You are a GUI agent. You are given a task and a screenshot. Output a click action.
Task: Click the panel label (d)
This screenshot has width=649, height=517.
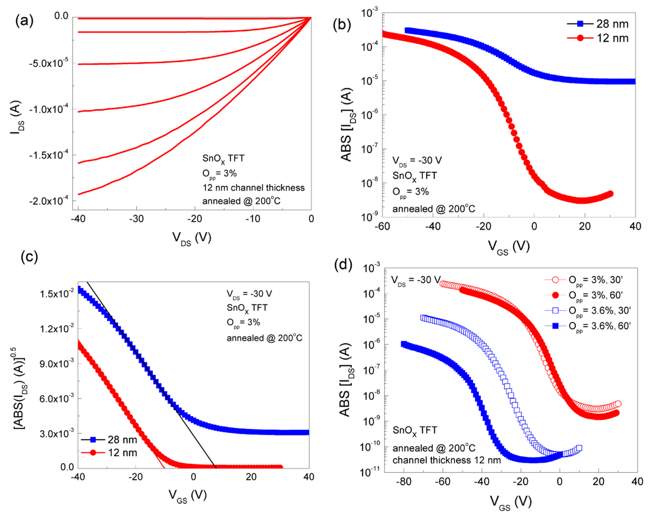tap(343, 265)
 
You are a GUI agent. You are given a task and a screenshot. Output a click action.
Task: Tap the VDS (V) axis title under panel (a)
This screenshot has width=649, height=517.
tap(192, 238)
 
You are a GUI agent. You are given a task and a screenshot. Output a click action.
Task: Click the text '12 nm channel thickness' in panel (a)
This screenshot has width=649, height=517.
tap(253, 188)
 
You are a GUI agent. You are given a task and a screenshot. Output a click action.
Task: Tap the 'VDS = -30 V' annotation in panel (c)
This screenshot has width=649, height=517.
tap(249, 294)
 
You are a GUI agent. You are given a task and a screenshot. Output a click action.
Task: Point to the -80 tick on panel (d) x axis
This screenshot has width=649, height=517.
tap(404, 481)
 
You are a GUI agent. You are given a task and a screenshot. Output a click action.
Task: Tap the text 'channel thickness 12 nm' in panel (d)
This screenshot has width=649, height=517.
tap(447, 460)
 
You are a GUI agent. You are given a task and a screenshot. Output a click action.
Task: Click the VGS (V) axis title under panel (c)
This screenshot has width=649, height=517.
tap(187, 496)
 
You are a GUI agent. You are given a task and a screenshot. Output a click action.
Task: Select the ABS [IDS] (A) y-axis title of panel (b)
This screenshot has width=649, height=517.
tap(347, 125)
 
